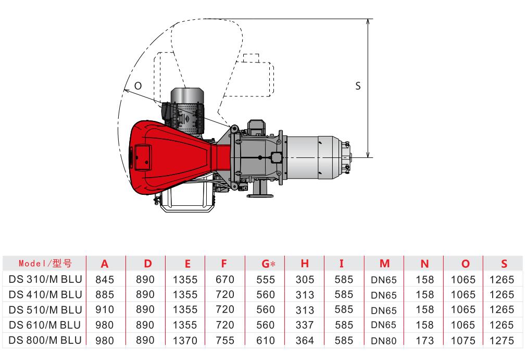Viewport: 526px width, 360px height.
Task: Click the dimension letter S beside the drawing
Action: (x=358, y=86)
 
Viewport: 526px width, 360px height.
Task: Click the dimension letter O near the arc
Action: (x=138, y=86)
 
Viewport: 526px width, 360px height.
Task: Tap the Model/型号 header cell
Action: (x=45, y=264)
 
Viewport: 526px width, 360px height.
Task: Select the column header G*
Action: (x=268, y=264)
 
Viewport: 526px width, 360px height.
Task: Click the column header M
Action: (x=384, y=264)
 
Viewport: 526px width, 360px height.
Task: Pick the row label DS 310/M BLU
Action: (x=45, y=279)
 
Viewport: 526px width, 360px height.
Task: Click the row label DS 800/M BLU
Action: (x=45, y=340)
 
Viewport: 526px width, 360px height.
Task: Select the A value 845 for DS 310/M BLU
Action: (x=105, y=279)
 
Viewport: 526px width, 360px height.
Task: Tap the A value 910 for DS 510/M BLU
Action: (x=105, y=309)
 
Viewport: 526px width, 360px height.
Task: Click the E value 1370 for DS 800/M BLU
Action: (x=185, y=341)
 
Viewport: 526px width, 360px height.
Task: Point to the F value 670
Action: (x=225, y=279)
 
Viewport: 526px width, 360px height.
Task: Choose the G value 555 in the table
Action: (x=266, y=279)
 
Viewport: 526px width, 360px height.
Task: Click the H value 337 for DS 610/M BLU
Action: (x=305, y=325)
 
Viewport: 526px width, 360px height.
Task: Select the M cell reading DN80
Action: (x=384, y=341)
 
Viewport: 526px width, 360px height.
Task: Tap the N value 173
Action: (x=424, y=341)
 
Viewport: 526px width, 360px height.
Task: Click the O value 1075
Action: (x=463, y=341)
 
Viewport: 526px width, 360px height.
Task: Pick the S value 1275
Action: (x=502, y=341)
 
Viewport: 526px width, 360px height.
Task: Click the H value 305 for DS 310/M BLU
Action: (x=305, y=279)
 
